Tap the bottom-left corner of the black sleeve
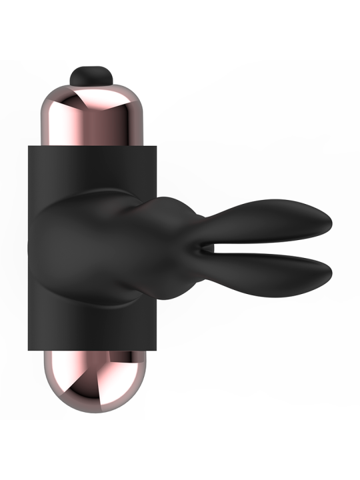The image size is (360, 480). tap(28, 351)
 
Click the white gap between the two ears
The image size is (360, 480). tap(280, 247)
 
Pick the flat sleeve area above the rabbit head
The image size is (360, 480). tap(93, 167)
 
